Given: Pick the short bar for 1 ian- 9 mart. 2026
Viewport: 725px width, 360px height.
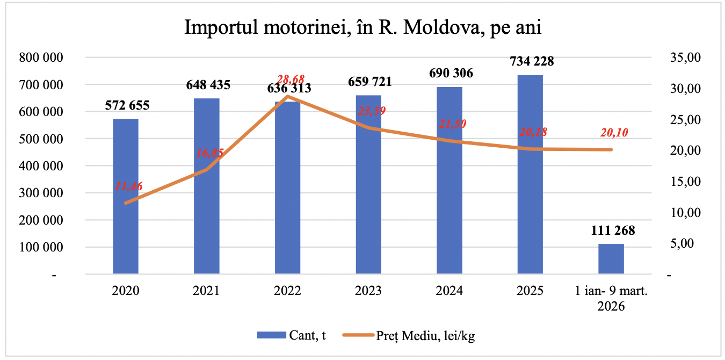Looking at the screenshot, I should pos(611,259).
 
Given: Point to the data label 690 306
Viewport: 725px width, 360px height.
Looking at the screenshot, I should pos(450,73).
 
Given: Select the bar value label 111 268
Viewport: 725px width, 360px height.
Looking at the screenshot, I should pos(612,231).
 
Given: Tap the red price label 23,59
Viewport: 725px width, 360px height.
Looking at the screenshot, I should pos(372,111).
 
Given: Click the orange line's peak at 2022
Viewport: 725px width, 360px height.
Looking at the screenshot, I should pos(288,97).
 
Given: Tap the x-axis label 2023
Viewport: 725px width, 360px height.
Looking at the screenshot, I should pos(368,291).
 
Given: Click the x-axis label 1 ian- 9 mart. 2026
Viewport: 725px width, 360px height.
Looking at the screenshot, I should pos(611,299).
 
